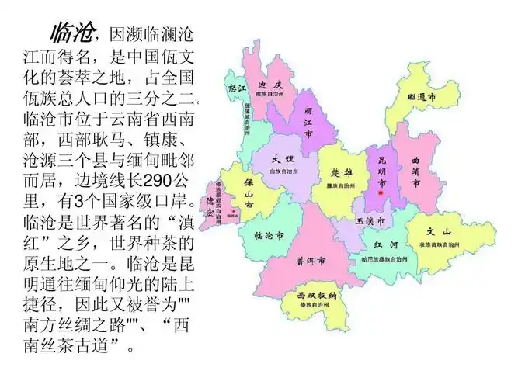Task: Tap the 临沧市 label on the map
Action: pos(268,234)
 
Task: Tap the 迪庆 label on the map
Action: pos(269,85)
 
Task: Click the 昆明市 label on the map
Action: pos(381,163)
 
